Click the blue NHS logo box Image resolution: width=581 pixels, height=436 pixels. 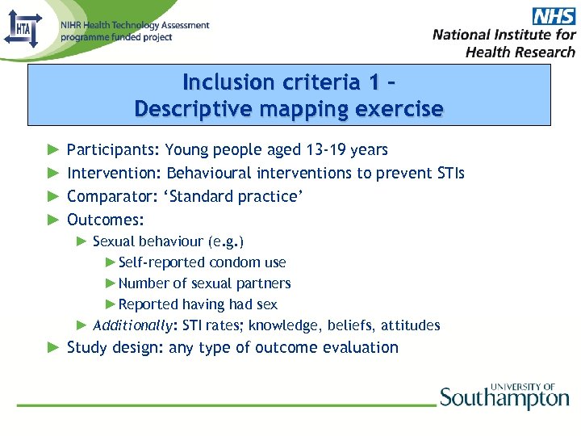pyautogui.click(x=554, y=15)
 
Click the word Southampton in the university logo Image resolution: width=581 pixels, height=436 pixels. pyautogui.click(x=504, y=398)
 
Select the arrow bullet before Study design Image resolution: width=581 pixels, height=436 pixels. pyautogui.click(x=53, y=348)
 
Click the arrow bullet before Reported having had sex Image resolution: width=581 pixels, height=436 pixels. pyautogui.click(x=111, y=304)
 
